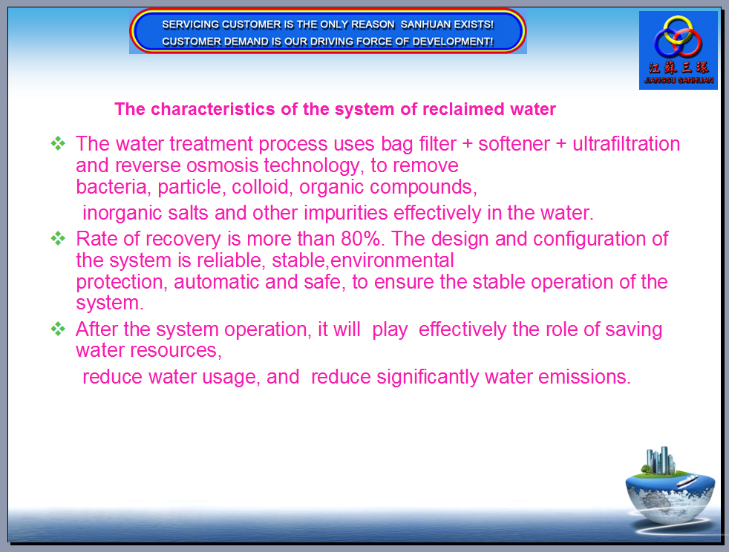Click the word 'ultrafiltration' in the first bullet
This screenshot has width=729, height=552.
pos(627,144)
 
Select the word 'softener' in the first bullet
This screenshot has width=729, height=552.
pos(514,144)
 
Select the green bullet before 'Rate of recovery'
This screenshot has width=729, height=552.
pos(58,239)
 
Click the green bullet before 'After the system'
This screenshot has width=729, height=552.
pos(58,329)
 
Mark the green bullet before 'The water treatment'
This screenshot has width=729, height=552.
pos(58,144)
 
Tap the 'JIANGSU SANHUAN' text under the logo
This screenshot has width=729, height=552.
pos(679,80)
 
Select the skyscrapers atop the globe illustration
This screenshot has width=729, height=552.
pos(660,460)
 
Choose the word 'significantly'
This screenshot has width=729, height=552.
pos(428,378)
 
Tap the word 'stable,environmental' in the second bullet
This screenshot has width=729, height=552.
pos(362,260)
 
